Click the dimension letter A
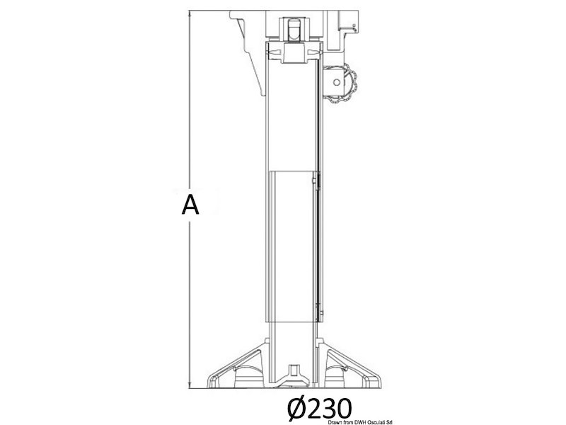pyautogui.click(x=190, y=205)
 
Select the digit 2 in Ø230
pyautogui.click(x=315, y=409)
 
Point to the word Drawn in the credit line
pyautogui.click(x=335, y=422)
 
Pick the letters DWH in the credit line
pyautogui.click(x=362, y=422)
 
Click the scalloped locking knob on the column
pyautogui.click(x=348, y=83)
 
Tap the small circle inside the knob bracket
pyautogui.click(x=337, y=82)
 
